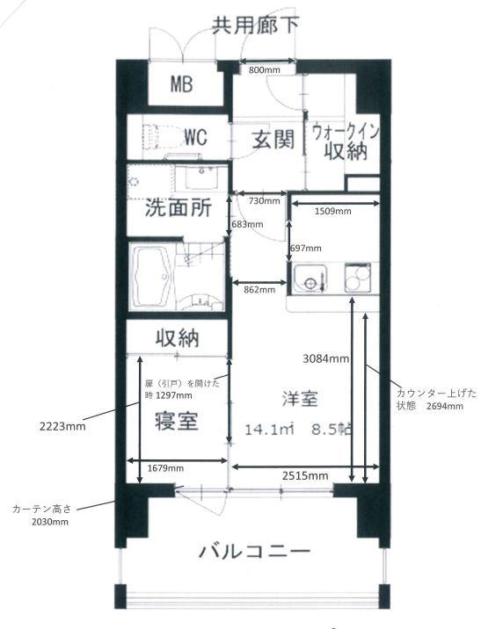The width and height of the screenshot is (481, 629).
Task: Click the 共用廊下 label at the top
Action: point(255,24)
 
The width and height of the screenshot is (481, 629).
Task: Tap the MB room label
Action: point(182,85)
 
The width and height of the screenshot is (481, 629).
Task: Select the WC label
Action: point(193,138)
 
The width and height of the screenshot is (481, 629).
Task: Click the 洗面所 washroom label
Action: point(178,210)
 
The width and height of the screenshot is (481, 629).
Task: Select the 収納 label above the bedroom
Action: point(178,337)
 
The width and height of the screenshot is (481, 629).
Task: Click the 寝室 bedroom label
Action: point(176,420)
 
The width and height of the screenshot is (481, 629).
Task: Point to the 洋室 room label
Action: point(299,397)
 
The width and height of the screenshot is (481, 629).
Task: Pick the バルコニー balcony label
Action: point(254,553)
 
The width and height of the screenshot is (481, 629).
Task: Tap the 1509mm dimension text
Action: point(333,211)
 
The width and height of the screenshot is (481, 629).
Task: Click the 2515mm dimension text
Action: point(305,475)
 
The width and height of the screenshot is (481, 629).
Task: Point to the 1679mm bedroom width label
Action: point(166,468)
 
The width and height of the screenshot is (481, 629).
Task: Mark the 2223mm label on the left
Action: point(62,427)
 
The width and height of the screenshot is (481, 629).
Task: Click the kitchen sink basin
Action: point(309,279)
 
